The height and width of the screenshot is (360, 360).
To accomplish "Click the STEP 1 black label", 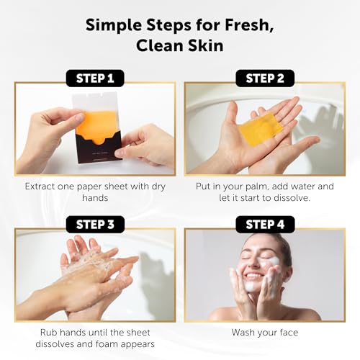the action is click(x=95, y=78).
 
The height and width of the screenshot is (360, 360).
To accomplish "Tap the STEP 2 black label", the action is click(x=265, y=78).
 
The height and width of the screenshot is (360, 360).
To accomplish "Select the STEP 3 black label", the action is click(x=95, y=225).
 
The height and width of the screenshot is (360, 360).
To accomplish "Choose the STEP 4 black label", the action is click(x=265, y=225).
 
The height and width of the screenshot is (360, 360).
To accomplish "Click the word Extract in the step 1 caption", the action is click(x=40, y=186).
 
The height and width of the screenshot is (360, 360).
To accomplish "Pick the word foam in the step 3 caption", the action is click(x=107, y=344).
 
